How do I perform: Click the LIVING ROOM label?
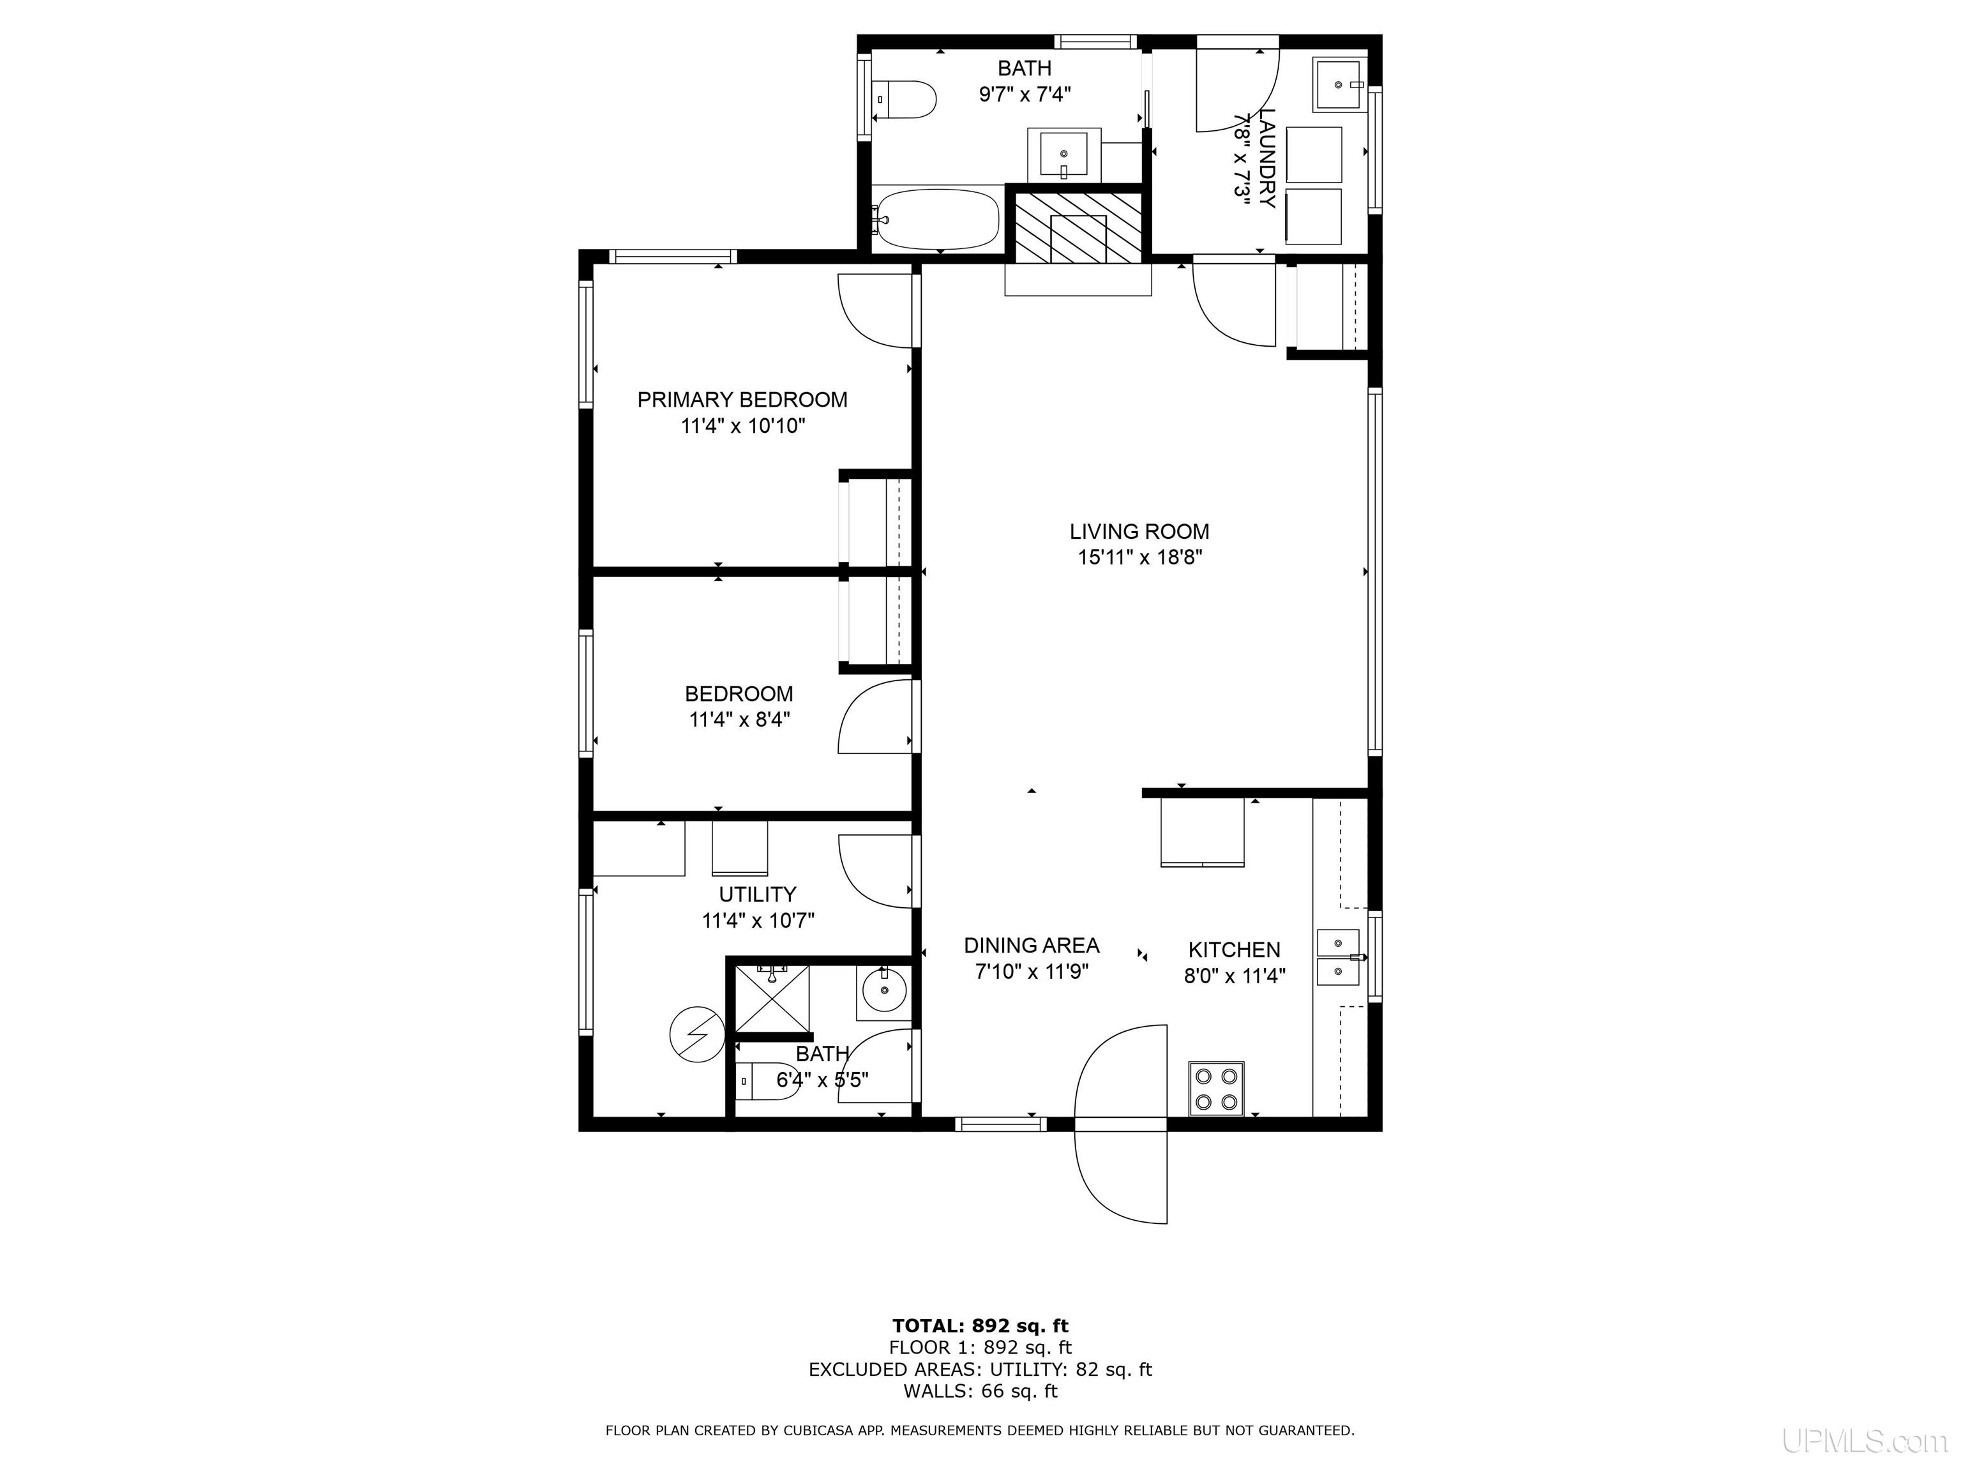1139,531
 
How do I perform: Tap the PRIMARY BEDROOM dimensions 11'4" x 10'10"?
743,426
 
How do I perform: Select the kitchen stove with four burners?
1216,1088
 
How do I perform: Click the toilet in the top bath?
905,100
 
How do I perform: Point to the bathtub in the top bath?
936,219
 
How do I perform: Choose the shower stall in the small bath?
772,999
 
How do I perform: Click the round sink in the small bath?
882,993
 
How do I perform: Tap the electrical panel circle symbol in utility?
698,1034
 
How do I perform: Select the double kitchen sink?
1338,958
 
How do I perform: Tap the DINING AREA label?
1032,945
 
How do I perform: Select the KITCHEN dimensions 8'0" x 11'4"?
1235,976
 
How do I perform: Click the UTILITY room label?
757,894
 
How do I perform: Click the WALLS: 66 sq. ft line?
980,1391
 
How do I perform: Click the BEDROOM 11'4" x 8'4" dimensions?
739,719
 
